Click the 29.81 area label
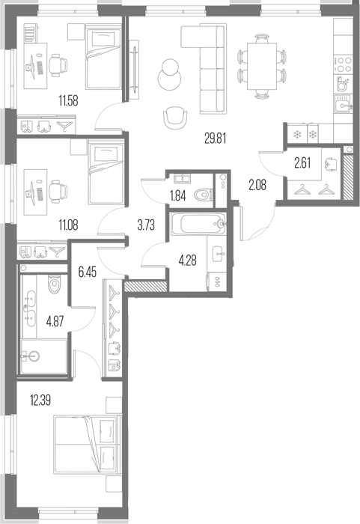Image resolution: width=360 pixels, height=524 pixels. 215,138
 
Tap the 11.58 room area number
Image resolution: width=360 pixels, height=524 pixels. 69,100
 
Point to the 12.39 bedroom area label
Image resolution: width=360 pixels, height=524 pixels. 40,400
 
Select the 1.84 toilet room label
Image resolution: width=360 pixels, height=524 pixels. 178,195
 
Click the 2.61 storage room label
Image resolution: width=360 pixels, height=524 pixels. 302,162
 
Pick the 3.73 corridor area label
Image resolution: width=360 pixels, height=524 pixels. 146,225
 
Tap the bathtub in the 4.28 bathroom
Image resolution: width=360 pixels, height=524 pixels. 199,225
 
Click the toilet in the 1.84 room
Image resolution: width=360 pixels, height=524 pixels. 204,195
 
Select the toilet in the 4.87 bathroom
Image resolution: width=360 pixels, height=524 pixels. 53,284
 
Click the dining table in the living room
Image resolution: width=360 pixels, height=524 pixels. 262,66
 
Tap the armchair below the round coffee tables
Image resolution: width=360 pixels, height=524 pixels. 175,118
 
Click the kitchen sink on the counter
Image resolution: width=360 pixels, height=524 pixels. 344,103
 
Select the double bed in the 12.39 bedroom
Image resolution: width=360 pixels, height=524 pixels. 86,445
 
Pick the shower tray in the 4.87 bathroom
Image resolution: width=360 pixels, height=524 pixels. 43,356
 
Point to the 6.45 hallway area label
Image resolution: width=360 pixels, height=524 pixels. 87,272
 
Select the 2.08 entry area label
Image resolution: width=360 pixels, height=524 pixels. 257,185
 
